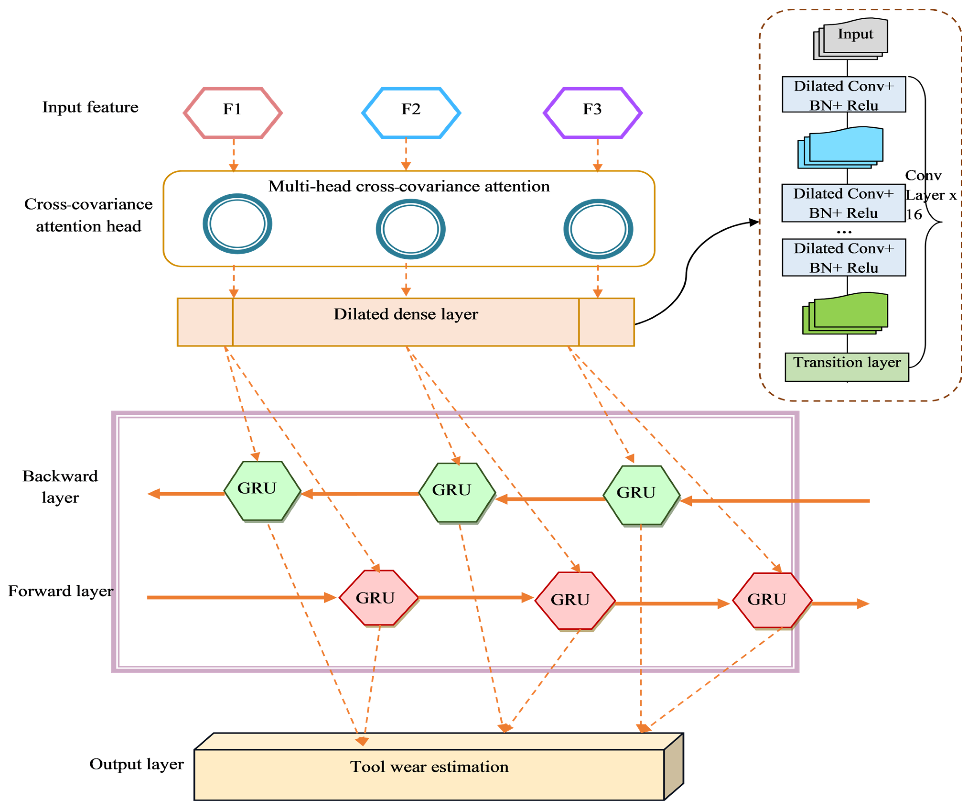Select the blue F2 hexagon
coord(411,113)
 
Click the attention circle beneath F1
coord(237,224)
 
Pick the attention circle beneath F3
coord(598,229)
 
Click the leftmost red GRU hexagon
coord(378,598)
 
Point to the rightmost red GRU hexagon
coord(772,601)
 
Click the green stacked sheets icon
coord(845,313)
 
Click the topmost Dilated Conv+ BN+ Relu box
coord(844,95)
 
